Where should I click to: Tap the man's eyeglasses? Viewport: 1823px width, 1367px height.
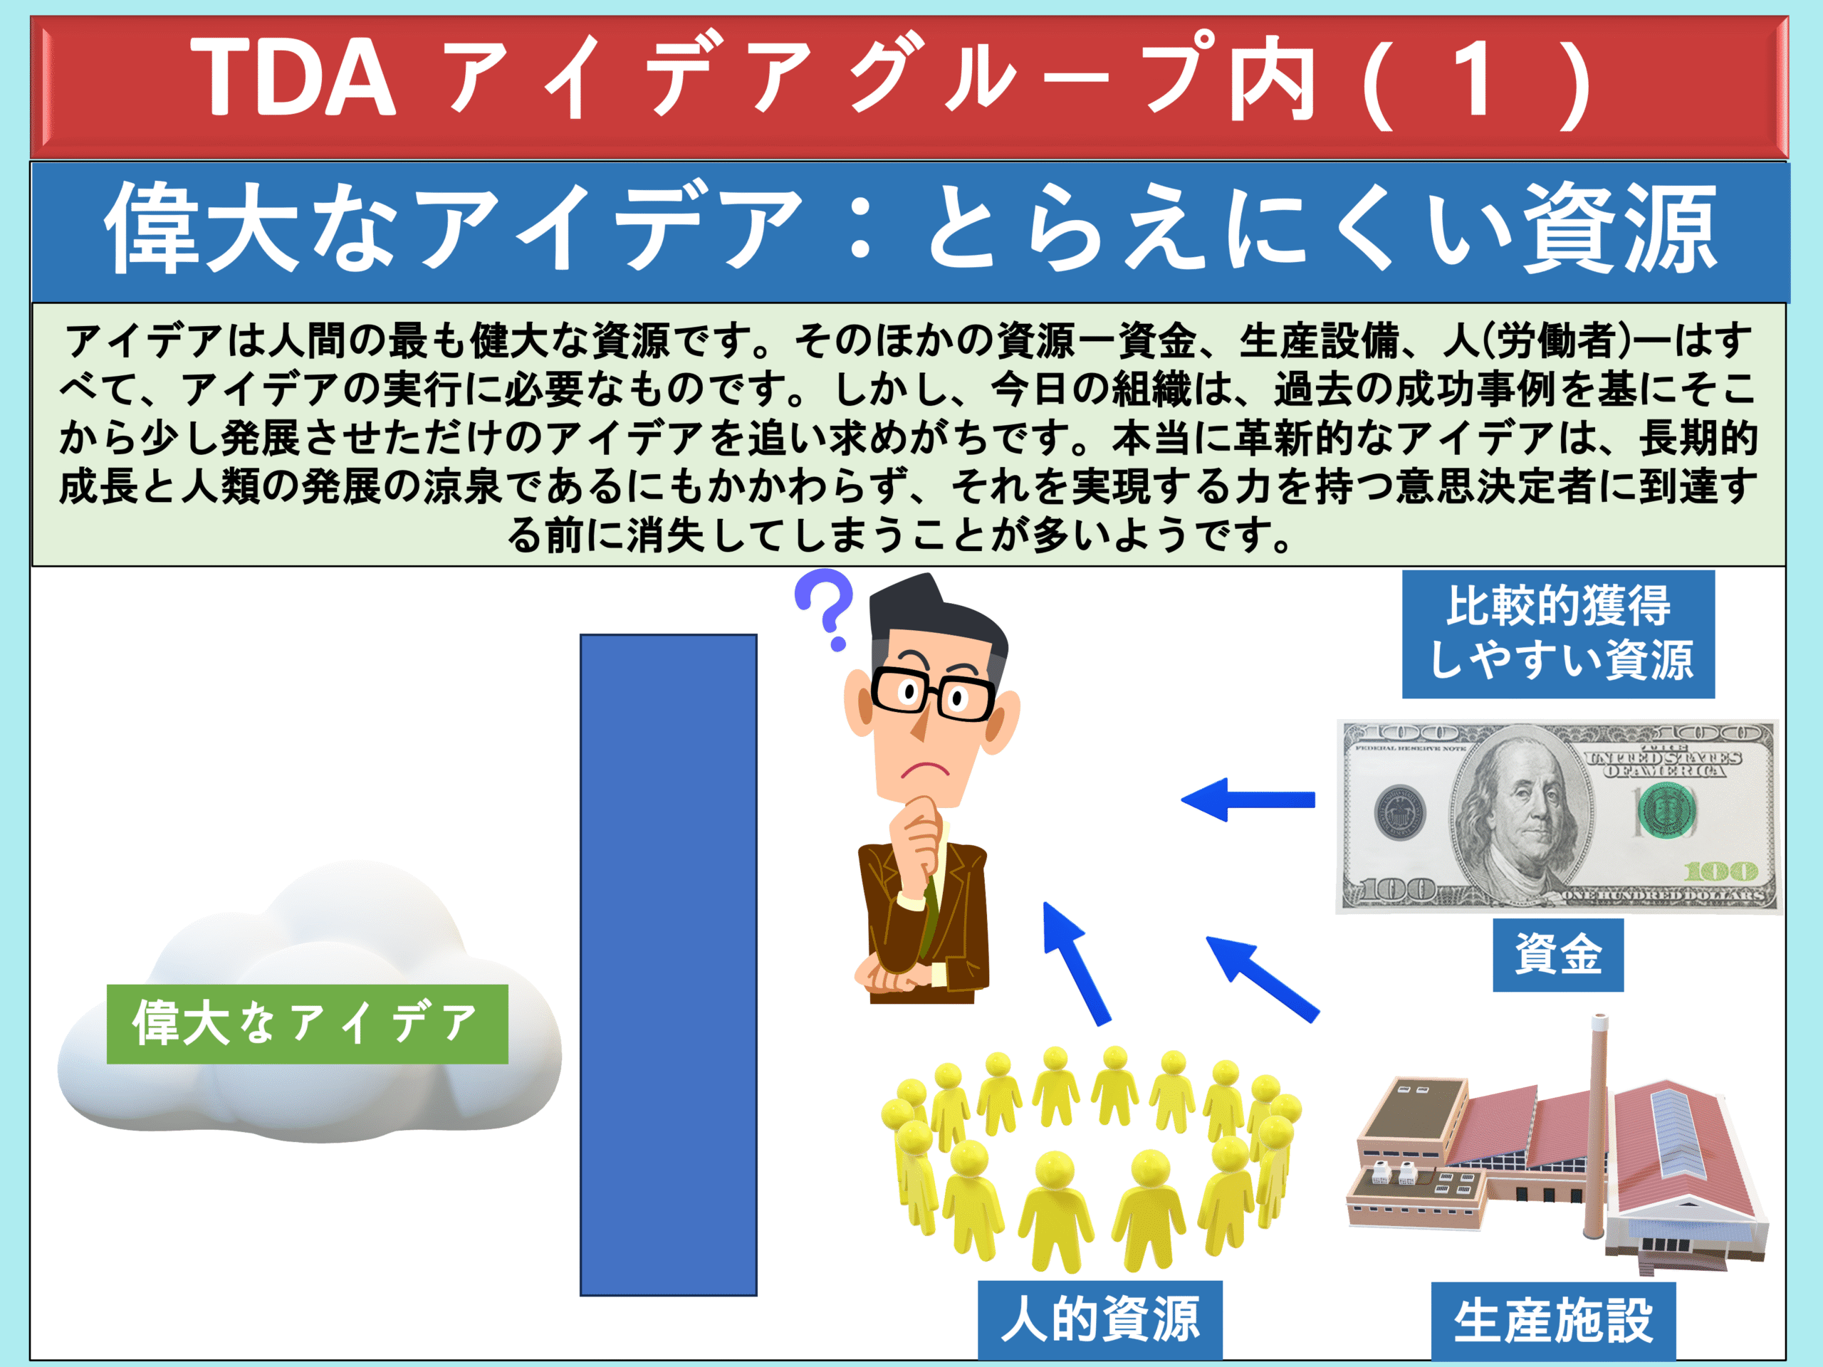point(932,693)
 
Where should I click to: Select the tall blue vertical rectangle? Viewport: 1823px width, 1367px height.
point(669,964)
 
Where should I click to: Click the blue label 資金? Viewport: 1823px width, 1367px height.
point(1558,955)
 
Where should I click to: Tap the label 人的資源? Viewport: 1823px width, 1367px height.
point(1100,1319)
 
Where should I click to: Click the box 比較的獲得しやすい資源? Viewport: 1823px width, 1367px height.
point(1558,634)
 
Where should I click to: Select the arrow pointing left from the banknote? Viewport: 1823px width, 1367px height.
point(1248,800)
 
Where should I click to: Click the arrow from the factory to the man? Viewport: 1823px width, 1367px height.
point(1262,979)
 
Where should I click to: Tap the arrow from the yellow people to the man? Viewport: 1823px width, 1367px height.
point(1075,963)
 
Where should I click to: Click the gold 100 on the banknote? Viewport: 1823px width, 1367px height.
point(1720,871)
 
